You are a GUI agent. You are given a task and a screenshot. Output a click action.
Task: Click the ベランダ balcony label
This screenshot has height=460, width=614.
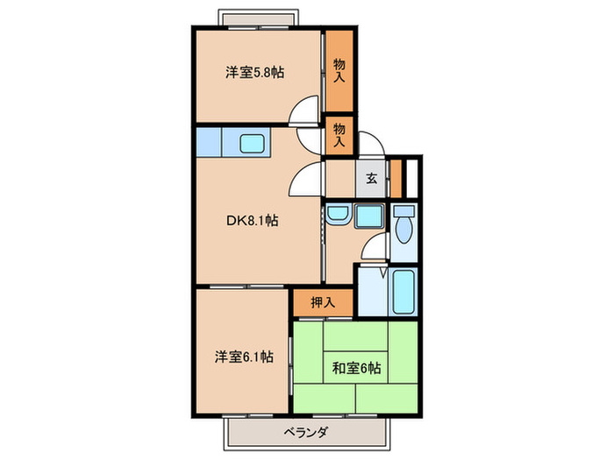pyautogui.click(x=306, y=432)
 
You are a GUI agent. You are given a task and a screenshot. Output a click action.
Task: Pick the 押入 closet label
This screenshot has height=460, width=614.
pyautogui.click(x=322, y=302)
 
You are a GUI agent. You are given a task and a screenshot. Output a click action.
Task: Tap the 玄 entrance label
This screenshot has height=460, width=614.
pyautogui.click(x=371, y=179)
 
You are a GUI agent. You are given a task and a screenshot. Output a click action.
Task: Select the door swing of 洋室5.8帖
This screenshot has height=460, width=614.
pyautogui.click(x=306, y=111)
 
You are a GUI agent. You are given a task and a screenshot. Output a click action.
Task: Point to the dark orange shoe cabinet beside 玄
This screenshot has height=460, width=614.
pyautogui.click(x=395, y=178)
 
